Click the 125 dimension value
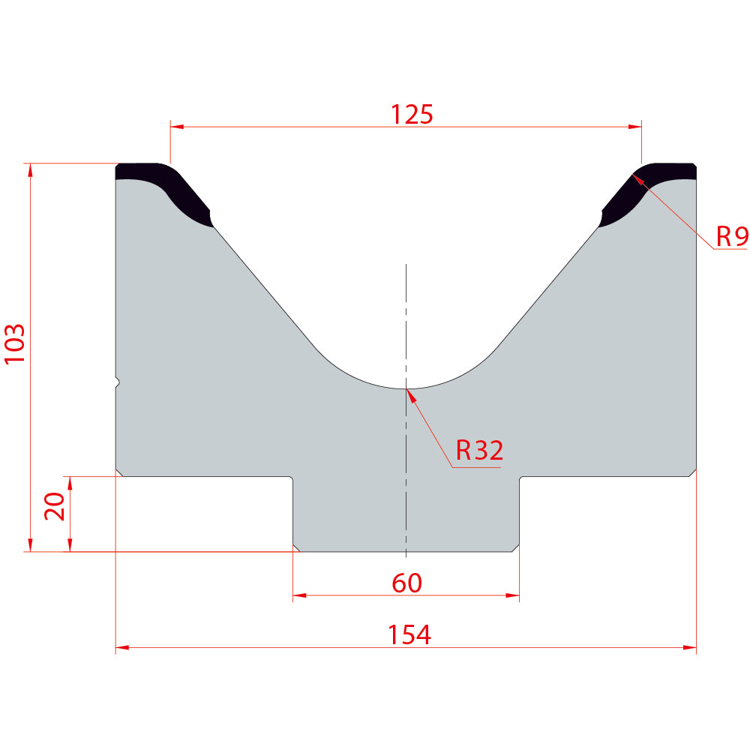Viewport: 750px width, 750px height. click(x=412, y=114)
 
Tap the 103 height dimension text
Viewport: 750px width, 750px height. click(x=14, y=344)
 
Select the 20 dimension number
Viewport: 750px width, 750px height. click(x=54, y=506)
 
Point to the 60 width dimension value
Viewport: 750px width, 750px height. click(x=407, y=583)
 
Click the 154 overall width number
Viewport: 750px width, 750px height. click(x=409, y=634)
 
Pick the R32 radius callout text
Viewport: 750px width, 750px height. click(x=479, y=450)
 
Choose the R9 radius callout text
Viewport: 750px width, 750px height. click(x=732, y=235)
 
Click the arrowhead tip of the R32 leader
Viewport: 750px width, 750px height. click(x=406, y=389)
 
